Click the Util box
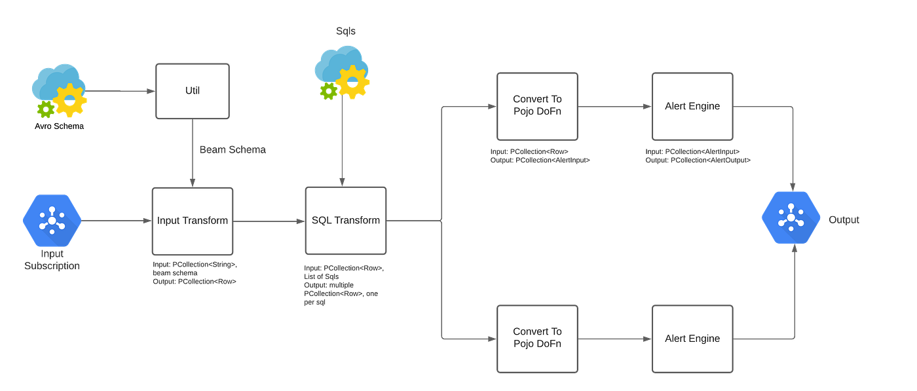[x=192, y=91]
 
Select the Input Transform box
[x=192, y=221]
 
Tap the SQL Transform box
[x=345, y=221]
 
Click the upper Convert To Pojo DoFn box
[x=537, y=106]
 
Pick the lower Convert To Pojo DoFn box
[x=537, y=338]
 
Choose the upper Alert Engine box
[x=692, y=106]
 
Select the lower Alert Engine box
[x=692, y=338]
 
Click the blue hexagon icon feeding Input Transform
[x=51, y=221]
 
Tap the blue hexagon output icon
[x=791, y=218]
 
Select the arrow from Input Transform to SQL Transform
[x=269, y=221]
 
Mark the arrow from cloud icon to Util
[x=121, y=91]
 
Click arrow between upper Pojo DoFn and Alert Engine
[x=614, y=106]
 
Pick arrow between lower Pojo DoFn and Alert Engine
[x=614, y=338]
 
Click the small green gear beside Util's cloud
[x=44, y=109]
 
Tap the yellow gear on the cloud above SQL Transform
[x=354, y=83]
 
